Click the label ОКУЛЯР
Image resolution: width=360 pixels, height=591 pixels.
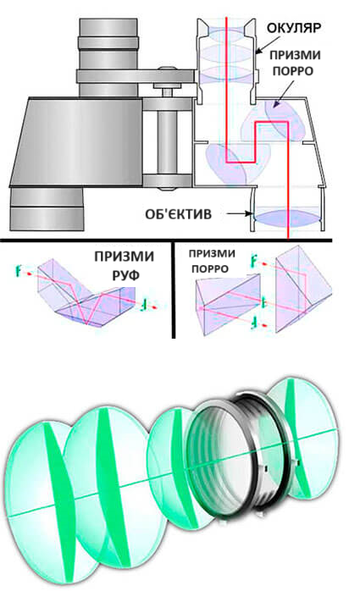pyautogui.click(x=294, y=28)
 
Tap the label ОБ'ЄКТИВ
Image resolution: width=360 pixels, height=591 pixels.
pyautogui.click(x=178, y=214)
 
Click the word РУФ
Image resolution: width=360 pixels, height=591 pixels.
pyautogui.click(x=126, y=275)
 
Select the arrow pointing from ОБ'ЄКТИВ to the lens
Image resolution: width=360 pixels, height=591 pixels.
pyautogui.click(x=235, y=213)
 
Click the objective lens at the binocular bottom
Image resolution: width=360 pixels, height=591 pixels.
pyautogui.click(x=288, y=218)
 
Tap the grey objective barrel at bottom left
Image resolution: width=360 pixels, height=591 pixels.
pyautogui.click(x=47, y=209)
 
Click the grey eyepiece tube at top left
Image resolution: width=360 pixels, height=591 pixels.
pyautogui.click(x=108, y=57)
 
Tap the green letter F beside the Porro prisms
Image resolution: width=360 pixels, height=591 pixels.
pyautogui.click(x=255, y=261)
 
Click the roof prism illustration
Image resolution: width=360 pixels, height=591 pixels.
pyautogui.click(x=86, y=291)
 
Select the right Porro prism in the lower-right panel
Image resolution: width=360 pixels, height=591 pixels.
pyautogui.click(x=303, y=290)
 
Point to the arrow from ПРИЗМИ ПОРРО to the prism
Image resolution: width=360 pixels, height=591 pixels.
pyautogui.click(x=283, y=91)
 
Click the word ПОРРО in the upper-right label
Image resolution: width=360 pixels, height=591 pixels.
pyautogui.click(x=292, y=71)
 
